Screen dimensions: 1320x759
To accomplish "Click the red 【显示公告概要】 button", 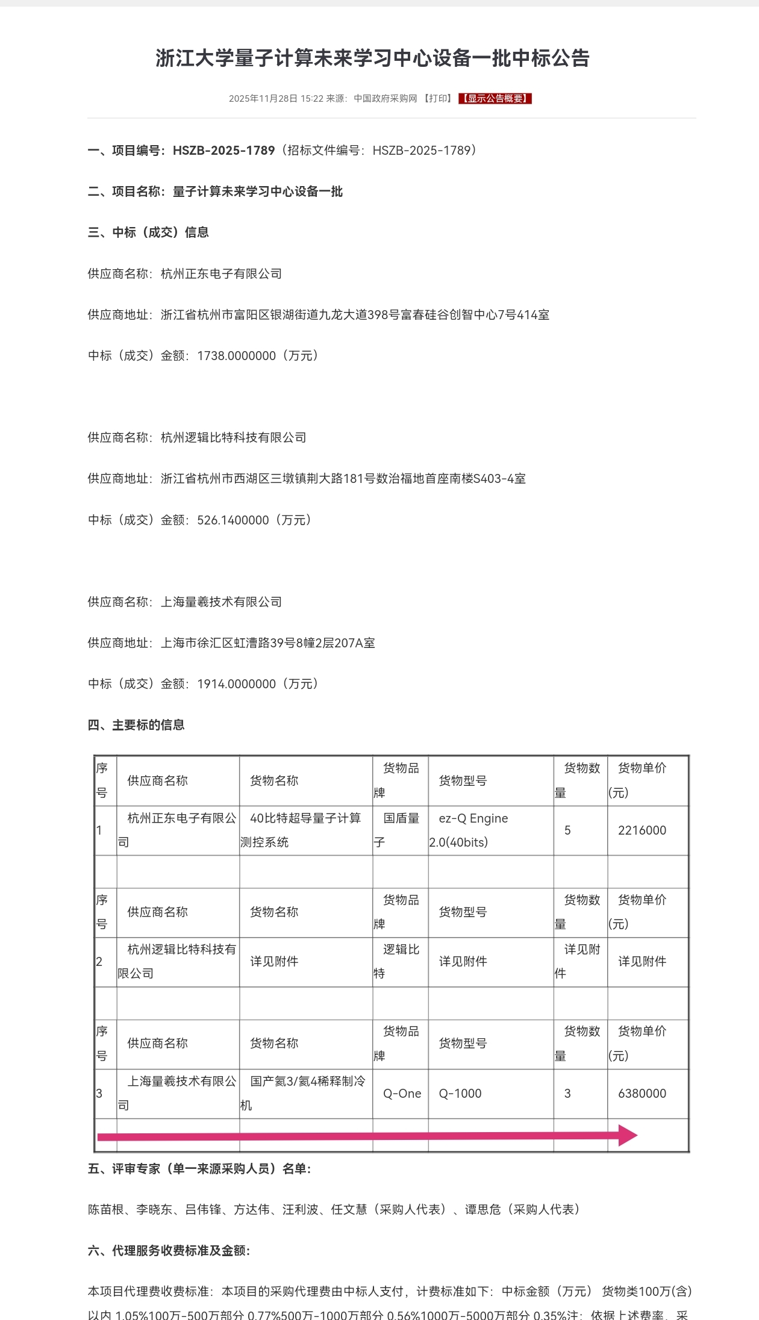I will click(495, 98).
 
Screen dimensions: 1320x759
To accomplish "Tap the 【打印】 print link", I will click(437, 98).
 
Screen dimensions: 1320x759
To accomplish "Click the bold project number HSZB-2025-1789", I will click(223, 150).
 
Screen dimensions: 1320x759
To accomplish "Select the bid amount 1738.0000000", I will click(236, 355).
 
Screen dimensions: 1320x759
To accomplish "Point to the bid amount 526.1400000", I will click(233, 520).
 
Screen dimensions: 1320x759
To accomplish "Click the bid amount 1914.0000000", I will click(236, 683).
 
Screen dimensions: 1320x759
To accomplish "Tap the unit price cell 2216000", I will click(642, 830).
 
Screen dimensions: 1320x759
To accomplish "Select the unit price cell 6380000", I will click(642, 1093).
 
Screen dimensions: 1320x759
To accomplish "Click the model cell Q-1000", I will click(460, 1093).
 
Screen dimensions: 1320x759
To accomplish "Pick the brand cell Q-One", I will click(402, 1093).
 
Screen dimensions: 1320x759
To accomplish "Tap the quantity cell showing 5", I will click(567, 830).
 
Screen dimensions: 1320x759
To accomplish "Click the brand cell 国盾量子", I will click(401, 830).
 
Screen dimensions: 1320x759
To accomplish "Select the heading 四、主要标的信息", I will click(136, 724).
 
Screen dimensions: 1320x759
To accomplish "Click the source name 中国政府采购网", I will click(385, 98).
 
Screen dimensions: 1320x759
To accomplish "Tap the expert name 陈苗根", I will click(106, 1209).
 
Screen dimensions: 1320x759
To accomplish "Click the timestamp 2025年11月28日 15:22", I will click(276, 98).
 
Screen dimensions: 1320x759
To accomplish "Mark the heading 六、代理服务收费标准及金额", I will click(169, 1250).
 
